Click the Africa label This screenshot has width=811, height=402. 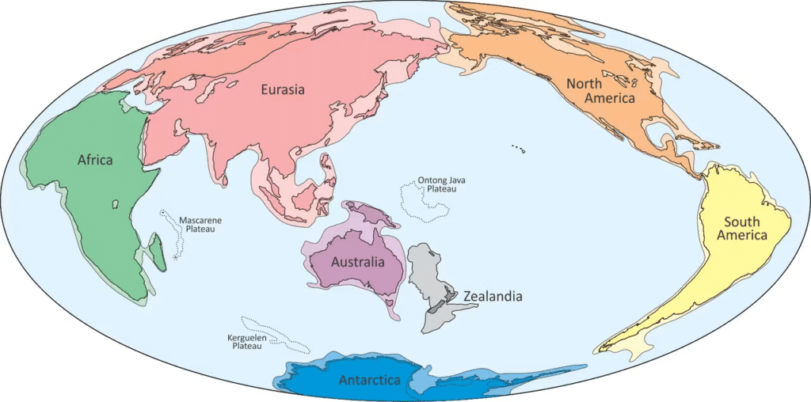click(95, 160)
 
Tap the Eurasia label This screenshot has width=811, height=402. click(283, 89)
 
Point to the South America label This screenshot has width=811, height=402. click(742, 229)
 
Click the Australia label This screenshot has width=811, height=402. click(358, 262)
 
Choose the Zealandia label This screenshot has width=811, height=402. click(493, 297)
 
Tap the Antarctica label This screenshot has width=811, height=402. click(369, 381)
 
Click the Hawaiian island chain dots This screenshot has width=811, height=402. click(519, 147)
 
